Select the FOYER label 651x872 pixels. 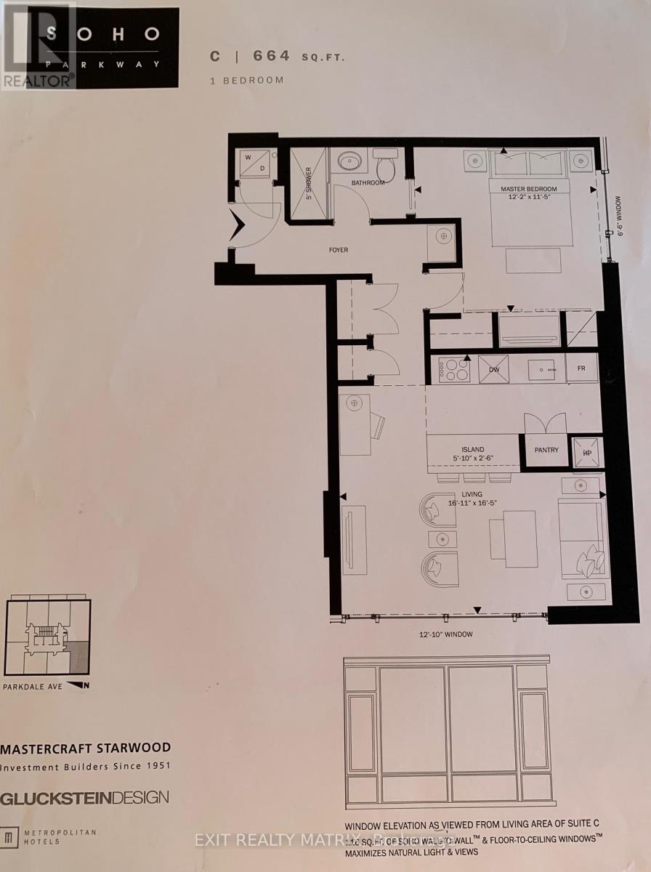click(338, 250)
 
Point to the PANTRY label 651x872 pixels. click(545, 450)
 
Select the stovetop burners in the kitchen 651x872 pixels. click(453, 369)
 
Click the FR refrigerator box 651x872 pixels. click(582, 368)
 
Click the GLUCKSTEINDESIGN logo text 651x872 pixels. click(84, 798)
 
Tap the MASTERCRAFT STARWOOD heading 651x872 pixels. click(86, 748)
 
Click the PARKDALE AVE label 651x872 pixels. click(33, 685)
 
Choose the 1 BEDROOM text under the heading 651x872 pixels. click(247, 80)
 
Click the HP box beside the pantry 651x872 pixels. click(587, 451)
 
